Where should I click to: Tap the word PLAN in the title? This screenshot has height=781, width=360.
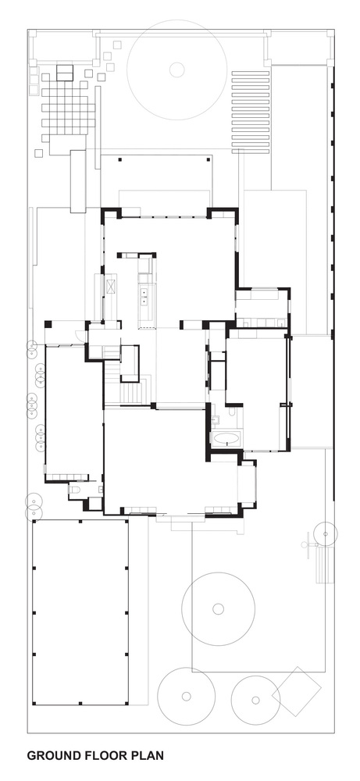tap(147, 755)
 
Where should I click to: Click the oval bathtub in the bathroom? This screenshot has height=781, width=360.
tap(226, 439)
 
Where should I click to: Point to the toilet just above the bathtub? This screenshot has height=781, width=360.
tap(232, 411)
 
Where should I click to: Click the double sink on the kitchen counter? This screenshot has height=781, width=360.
tap(144, 296)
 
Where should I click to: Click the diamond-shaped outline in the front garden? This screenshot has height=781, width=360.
tap(297, 691)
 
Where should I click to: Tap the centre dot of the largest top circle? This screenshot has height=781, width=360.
tap(176, 70)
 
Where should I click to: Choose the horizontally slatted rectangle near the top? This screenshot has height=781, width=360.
tap(251, 112)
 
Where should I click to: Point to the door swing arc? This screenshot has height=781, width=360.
tap(79, 334)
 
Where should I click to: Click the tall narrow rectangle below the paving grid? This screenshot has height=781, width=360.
tap(78, 181)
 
